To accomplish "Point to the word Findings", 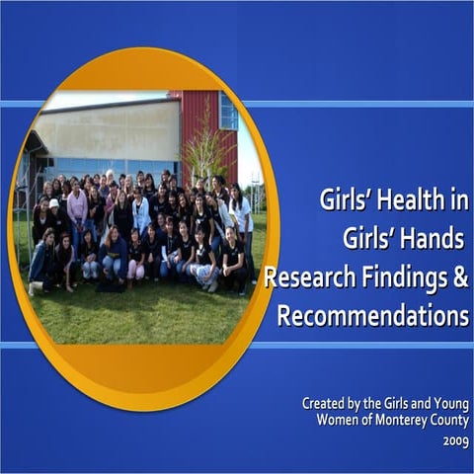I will coord(400,279).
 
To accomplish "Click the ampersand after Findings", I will coord(459,279).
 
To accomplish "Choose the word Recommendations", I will coord(372,317).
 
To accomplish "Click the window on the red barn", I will coord(228,112).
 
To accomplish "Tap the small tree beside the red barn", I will coord(208,148).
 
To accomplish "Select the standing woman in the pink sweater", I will coord(77,207).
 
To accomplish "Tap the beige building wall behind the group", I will coord(109,128).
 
